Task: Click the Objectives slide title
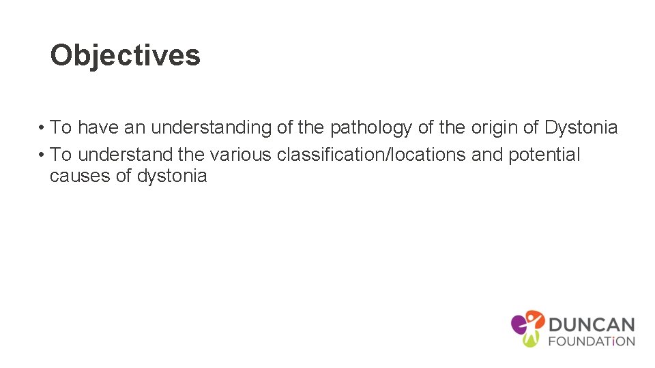coord(126,55)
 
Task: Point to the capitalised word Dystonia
coord(581,127)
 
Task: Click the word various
coord(241,155)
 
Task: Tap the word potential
coord(544,155)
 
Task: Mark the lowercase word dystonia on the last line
coord(172,176)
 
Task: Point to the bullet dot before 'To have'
coord(42,128)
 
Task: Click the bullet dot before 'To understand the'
coord(42,155)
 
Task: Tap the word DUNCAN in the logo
coord(592,324)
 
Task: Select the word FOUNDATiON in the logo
coord(592,341)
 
